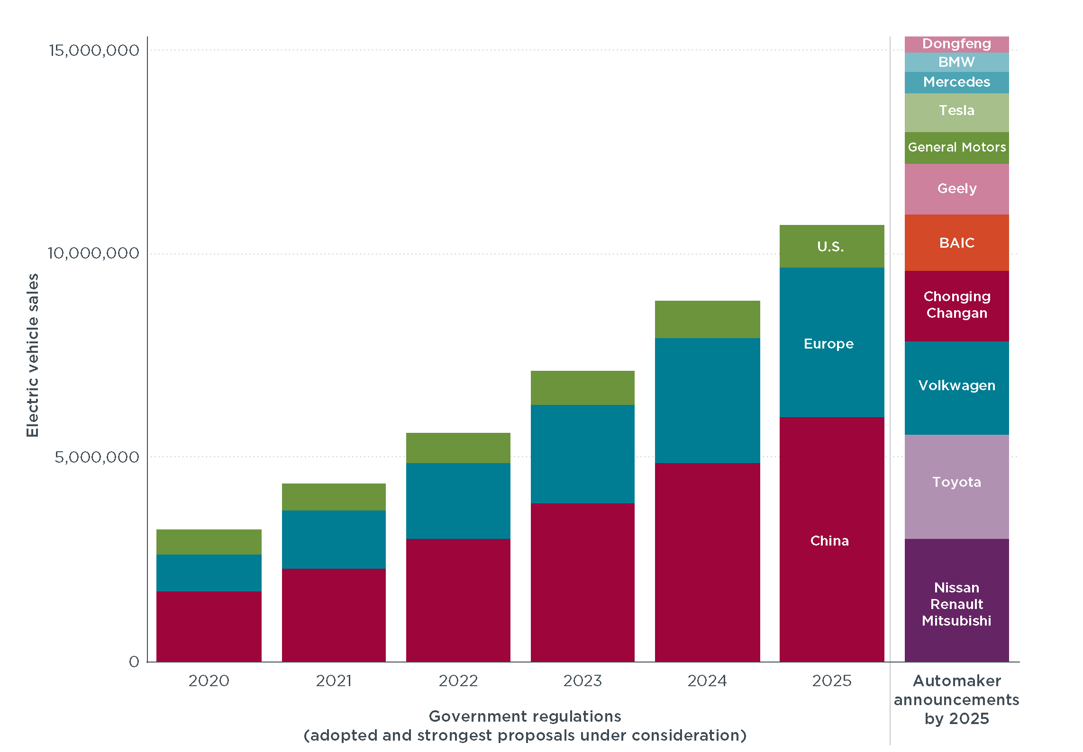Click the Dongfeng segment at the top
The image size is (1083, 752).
click(956, 44)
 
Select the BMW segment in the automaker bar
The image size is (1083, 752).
click(956, 62)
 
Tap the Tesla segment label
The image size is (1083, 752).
click(956, 111)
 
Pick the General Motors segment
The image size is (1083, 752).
click(956, 147)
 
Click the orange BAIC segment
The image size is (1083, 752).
click(956, 243)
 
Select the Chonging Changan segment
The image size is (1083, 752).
click(956, 305)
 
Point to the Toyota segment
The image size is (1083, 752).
click(956, 483)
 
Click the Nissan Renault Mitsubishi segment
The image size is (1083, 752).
click(956, 604)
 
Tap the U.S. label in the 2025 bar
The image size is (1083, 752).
click(830, 247)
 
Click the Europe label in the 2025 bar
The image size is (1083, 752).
click(828, 344)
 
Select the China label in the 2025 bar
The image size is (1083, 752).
click(829, 541)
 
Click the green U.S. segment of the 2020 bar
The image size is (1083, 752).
click(209, 542)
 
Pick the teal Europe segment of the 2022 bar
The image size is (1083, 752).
click(458, 501)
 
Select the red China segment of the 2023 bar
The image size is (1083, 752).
click(582, 582)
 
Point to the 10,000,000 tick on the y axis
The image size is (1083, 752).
click(93, 253)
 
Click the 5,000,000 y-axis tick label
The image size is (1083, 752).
click(97, 457)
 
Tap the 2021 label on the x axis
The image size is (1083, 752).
click(334, 681)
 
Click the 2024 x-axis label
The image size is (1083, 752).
click(707, 681)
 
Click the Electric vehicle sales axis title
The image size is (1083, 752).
click(32, 355)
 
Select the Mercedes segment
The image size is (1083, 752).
click(956, 82)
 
